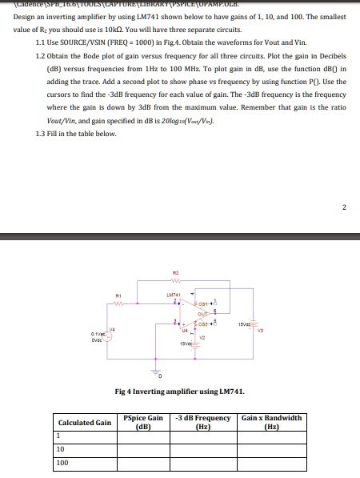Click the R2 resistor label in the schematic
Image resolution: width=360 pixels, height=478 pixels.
coord(162,273)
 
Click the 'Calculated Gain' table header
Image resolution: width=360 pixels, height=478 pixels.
coord(84,422)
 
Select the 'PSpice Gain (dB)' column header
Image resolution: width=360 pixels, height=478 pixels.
coord(144,422)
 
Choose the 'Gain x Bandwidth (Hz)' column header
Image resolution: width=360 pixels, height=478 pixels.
coord(271,422)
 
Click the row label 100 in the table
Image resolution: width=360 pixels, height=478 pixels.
coord(62,463)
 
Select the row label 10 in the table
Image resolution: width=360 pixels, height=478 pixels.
coord(59,449)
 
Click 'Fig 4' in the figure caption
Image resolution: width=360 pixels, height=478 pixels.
coord(123,390)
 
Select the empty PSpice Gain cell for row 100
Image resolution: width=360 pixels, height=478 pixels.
coord(144,463)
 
